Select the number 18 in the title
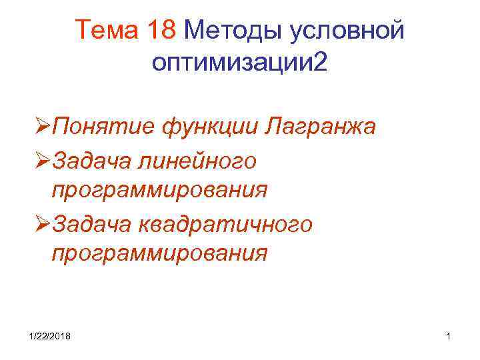point(161,30)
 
